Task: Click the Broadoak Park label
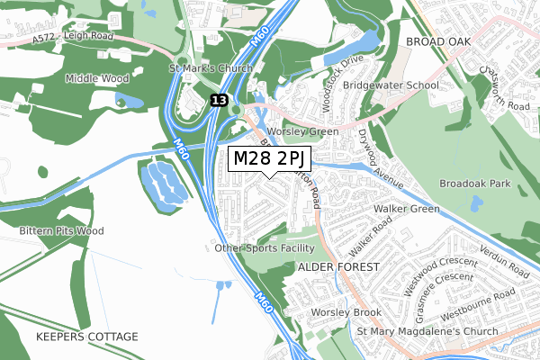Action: [474, 183]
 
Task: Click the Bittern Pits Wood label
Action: [62, 231]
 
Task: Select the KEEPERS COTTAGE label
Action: [87, 337]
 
